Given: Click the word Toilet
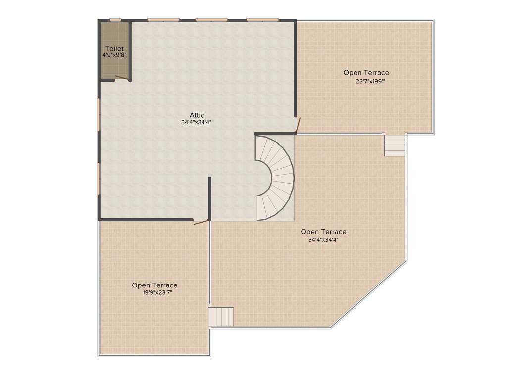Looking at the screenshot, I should click(x=114, y=48).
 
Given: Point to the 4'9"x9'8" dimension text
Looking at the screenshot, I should click(x=114, y=55).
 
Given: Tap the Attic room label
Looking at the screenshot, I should click(x=197, y=115).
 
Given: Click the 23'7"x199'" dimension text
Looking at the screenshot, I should click(x=370, y=81).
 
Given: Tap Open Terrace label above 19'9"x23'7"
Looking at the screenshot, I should click(x=154, y=285).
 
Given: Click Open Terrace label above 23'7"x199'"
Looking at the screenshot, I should click(x=366, y=73).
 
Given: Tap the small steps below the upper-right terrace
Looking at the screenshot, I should click(x=395, y=145).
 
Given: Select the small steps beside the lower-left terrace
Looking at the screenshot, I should click(x=221, y=316).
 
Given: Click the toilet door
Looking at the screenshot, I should click(x=122, y=77).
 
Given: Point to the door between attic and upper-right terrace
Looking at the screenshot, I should click(x=298, y=126).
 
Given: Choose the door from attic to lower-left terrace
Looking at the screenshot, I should click(x=201, y=222).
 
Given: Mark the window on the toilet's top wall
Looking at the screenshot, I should click(x=115, y=20).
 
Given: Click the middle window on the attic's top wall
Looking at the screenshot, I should click(x=211, y=20).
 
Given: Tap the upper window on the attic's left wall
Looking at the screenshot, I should click(x=98, y=114).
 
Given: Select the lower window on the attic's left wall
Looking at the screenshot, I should click(x=98, y=179).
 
